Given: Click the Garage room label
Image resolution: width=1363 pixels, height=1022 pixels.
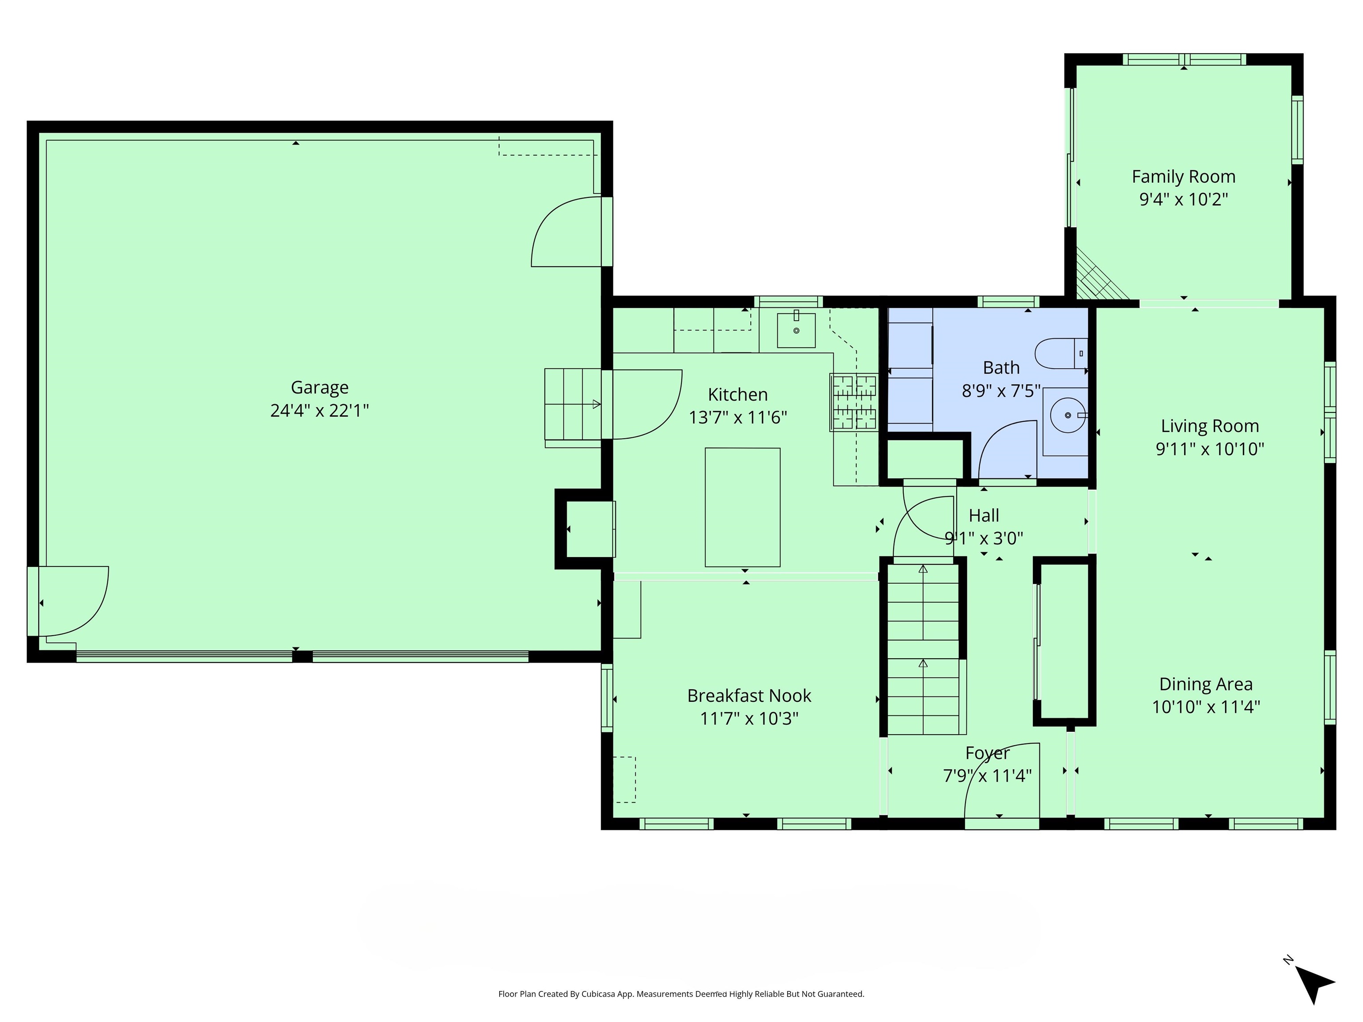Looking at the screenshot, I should point(319,388).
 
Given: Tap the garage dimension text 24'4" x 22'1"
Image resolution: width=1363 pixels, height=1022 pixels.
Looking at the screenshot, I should point(319,411).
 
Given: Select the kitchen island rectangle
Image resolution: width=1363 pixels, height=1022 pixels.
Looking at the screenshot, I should point(742,507).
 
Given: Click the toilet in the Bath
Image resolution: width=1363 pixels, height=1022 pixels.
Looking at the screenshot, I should point(1060,354).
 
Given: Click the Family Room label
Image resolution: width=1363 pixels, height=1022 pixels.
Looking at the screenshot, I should point(1183,177).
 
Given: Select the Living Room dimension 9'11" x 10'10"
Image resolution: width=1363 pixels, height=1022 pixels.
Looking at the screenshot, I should point(1209,449).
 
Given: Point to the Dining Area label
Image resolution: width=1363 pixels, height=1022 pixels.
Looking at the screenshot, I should point(1206,684).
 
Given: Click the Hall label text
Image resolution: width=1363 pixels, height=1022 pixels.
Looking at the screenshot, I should point(984,515).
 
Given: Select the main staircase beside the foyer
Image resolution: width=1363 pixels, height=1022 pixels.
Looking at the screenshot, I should point(923,650).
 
